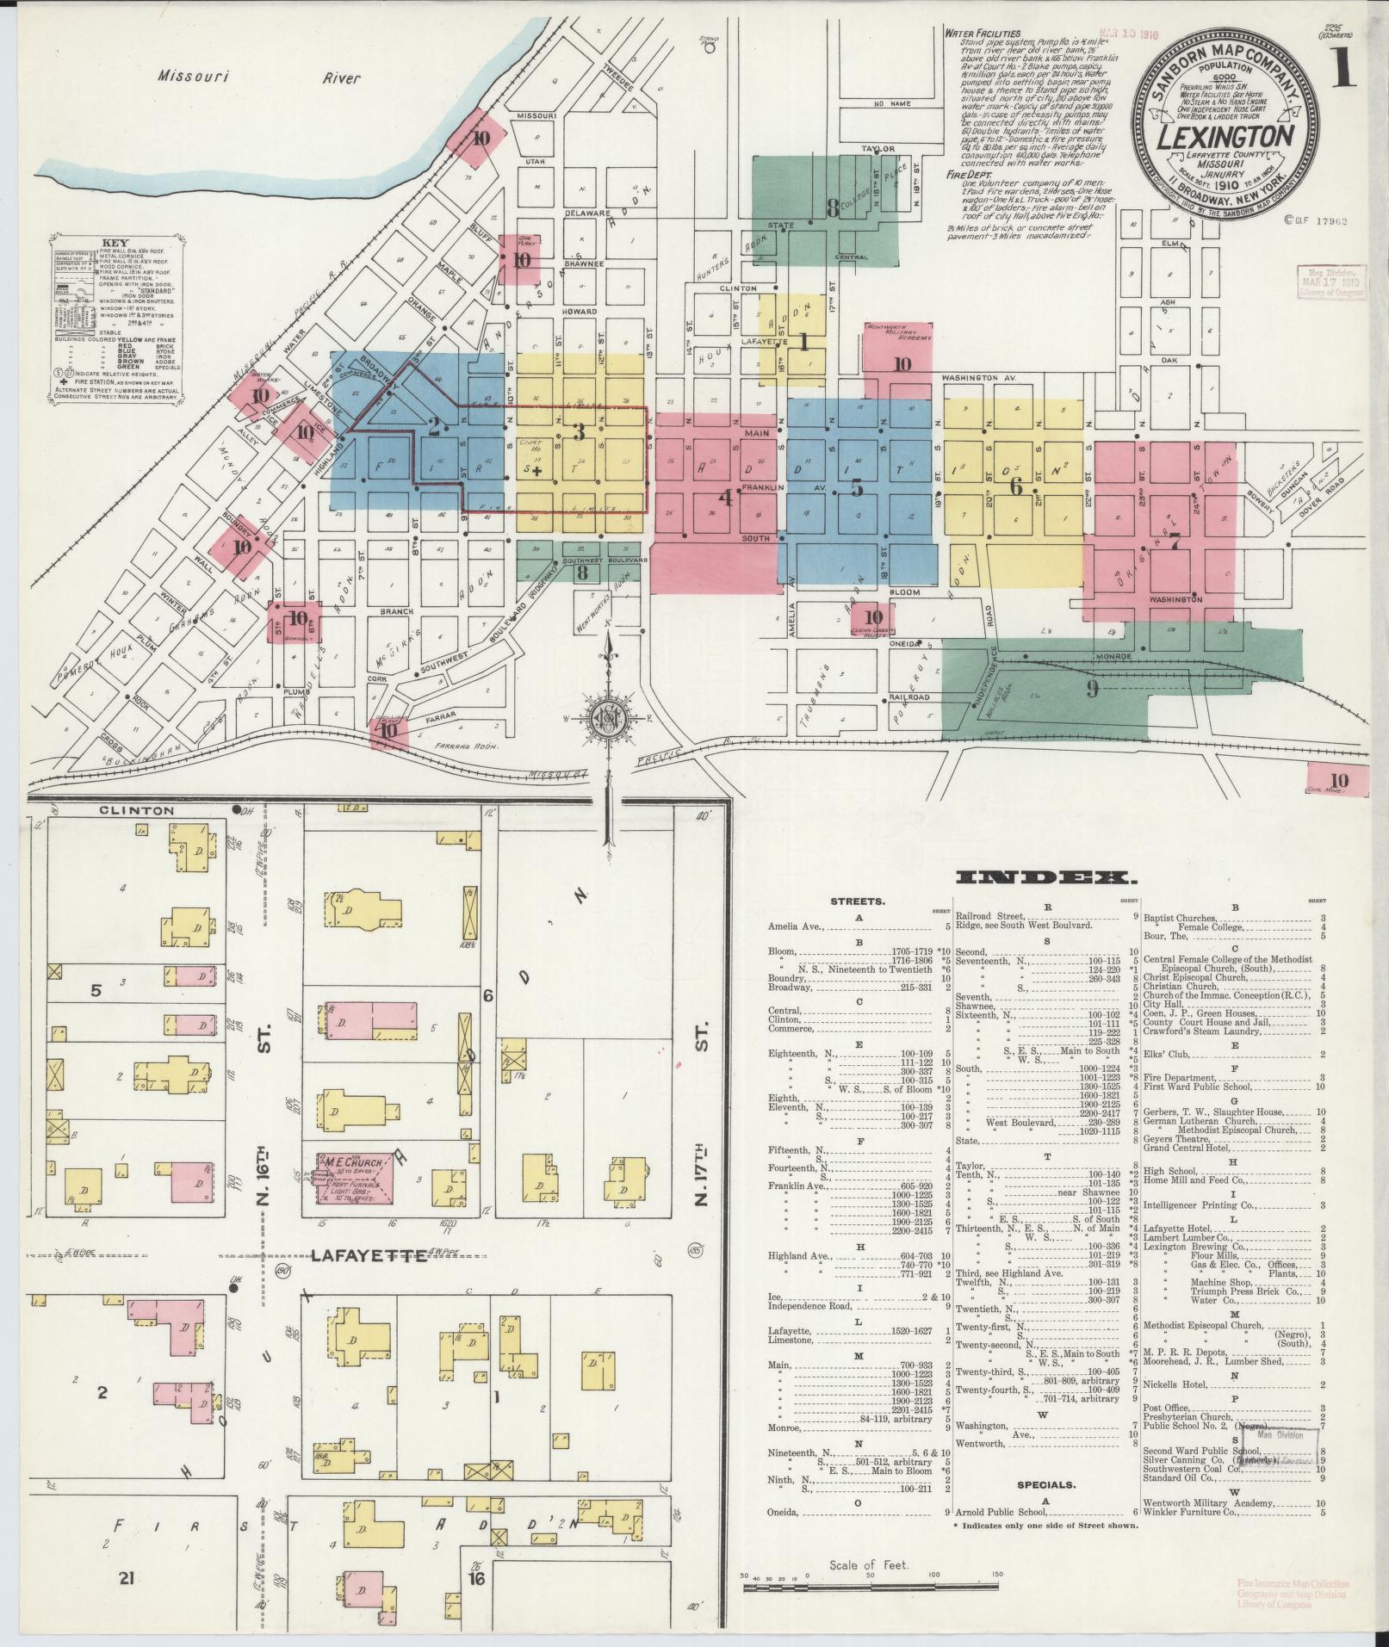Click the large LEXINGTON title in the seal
click(x=1226, y=138)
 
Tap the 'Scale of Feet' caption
click(x=870, y=1564)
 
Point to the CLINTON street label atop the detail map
click(x=136, y=810)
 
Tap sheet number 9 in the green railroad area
click(x=1092, y=689)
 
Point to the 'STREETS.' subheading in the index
click(x=856, y=902)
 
